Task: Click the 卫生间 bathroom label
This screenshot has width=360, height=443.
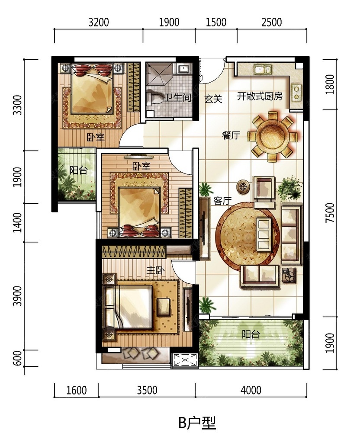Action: (178, 97)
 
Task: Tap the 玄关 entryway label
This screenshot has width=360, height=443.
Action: (213, 99)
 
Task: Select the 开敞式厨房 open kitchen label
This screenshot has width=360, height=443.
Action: (260, 96)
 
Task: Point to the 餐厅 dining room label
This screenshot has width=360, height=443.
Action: (231, 135)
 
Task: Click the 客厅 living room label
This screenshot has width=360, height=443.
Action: (223, 201)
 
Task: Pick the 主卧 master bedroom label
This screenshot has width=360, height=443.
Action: (155, 271)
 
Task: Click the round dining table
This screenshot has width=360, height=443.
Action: (273, 137)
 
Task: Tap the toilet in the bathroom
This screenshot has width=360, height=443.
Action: (155, 99)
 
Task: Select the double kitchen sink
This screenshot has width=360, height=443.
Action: (263, 69)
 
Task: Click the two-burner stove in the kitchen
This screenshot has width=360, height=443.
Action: (296, 92)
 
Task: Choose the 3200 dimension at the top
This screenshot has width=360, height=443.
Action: (99, 22)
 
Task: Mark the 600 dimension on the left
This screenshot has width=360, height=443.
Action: (17, 358)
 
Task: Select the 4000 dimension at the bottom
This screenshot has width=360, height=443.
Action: (251, 390)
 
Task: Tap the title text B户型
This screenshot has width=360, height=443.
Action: (197, 423)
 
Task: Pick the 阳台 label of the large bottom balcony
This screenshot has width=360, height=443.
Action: (251, 334)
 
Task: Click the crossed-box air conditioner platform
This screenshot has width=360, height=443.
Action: (184, 360)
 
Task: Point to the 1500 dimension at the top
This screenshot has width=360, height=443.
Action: (216, 22)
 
